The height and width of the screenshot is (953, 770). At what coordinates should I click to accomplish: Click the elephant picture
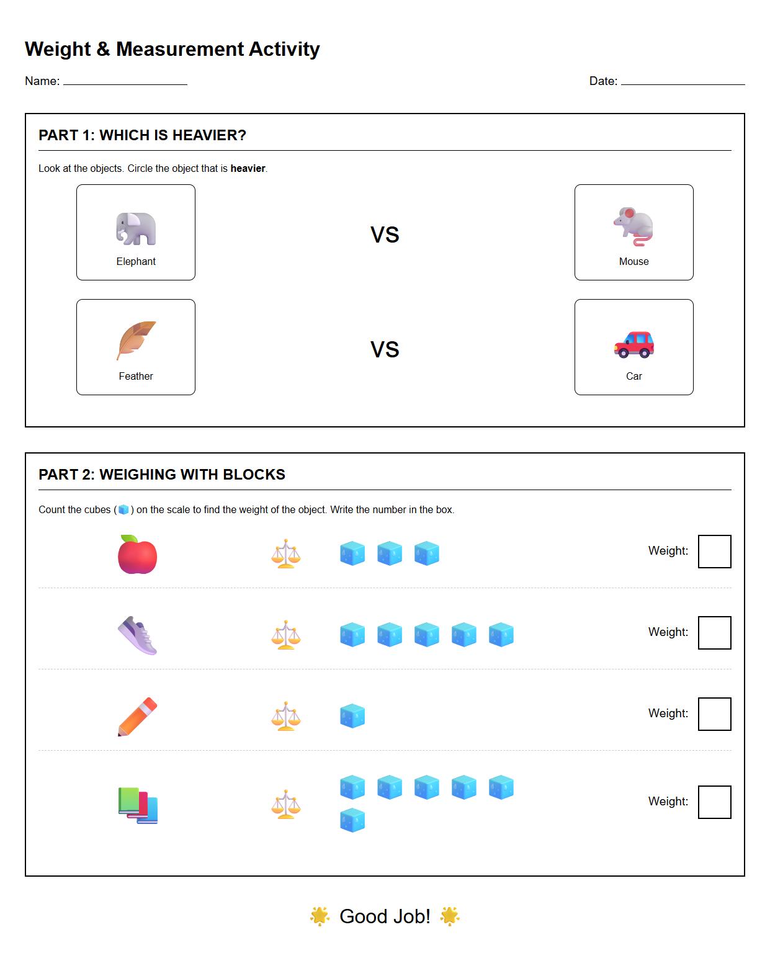(x=136, y=229)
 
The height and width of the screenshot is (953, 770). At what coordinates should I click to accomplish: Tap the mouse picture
(x=633, y=227)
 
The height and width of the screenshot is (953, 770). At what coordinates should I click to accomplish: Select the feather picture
(x=136, y=341)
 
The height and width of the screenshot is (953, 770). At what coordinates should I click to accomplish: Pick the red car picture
(x=633, y=344)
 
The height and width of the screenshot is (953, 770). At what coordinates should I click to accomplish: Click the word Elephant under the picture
(x=136, y=262)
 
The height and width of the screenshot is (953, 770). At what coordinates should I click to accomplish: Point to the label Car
(x=633, y=377)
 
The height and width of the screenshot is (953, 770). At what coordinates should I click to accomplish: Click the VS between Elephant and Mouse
(x=385, y=235)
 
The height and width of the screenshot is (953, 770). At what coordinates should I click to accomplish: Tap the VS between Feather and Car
(x=385, y=350)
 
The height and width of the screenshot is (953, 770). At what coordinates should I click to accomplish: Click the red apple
(x=137, y=554)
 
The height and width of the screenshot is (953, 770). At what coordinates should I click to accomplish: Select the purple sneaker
(x=137, y=635)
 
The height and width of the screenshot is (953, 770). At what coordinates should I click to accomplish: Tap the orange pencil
(x=137, y=717)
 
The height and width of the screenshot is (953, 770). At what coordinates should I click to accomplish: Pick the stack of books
(x=138, y=805)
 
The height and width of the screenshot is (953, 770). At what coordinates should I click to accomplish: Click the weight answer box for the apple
(x=714, y=552)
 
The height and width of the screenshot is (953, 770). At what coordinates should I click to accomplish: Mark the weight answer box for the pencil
(x=714, y=714)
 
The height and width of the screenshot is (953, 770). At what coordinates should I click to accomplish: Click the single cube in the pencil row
(x=352, y=716)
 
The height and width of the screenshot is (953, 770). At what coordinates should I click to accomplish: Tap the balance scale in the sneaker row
(x=286, y=635)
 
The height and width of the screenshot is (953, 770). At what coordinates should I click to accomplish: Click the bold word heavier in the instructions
(x=248, y=169)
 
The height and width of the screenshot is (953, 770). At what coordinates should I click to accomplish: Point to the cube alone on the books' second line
(x=352, y=820)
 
